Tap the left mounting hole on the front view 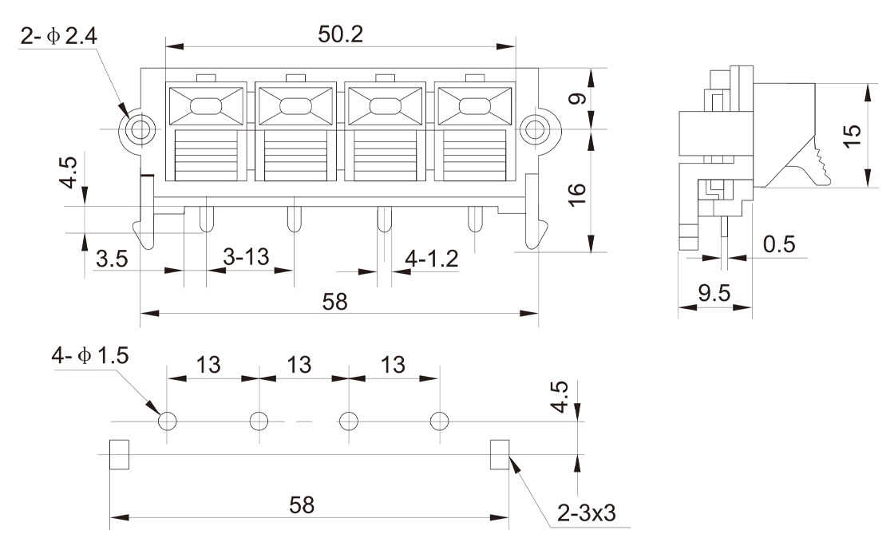click(x=141, y=129)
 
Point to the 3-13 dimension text click(x=245, y=258)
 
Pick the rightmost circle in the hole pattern click(x=439, y=421)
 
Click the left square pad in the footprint click(x=118, y=453)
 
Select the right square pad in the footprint click(x=500, y=453)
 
